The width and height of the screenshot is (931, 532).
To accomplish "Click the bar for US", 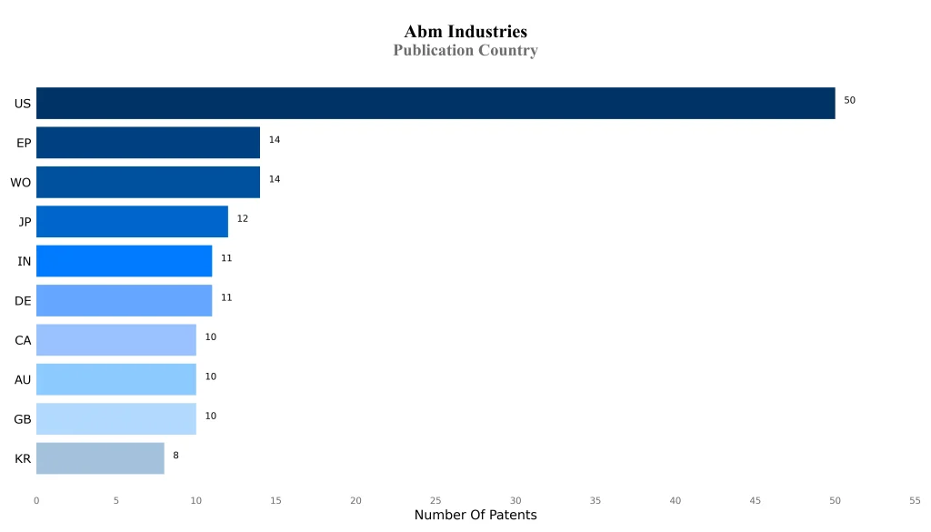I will (x=435, y=103).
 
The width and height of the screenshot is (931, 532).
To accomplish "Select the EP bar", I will (x=148, y=143).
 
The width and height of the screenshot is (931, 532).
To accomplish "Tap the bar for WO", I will (x=148, y=182).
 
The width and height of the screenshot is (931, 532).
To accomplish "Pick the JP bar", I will (x=132, y=222).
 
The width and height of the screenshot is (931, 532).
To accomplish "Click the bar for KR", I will (x=100, y=458).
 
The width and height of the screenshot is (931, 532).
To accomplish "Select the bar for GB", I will (x=116, y=419).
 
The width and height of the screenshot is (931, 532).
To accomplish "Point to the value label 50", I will (x=849, y=100).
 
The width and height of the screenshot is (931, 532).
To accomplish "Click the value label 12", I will (x=242, y=219).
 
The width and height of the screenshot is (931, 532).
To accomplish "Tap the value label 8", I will (x=175, y=456).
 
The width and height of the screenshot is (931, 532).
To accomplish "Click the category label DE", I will (x=23, y=301).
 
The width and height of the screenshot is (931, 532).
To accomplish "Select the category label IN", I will (x=25, y=262).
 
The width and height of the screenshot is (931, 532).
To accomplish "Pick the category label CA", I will (x=23, y=341).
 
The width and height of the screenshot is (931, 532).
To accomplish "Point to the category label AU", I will (x=23, y=380).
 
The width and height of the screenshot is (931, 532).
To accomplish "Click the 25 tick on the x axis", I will (x=435, y=500).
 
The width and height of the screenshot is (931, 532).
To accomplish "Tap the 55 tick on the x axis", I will (x=915, y=500).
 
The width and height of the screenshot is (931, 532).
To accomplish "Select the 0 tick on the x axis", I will (x=36, y=500).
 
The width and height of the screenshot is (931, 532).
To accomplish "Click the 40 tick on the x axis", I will (x=676, y=500).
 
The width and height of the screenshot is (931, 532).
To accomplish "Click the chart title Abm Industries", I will (x=465, y=33).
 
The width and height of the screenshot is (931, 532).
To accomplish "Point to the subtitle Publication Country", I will (x=465, y=51).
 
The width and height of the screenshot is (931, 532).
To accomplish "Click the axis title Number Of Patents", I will (x=476, y=516).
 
